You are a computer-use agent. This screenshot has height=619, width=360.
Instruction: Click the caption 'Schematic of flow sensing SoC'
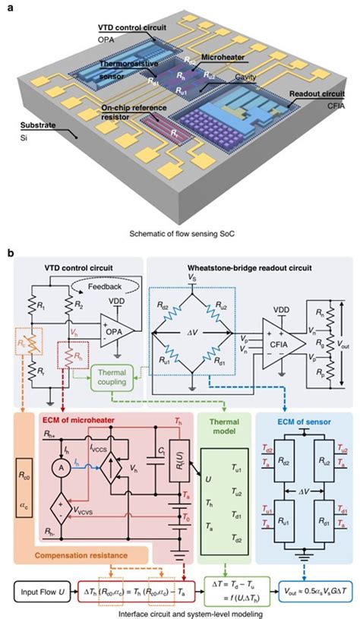[x=179, y=228]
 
